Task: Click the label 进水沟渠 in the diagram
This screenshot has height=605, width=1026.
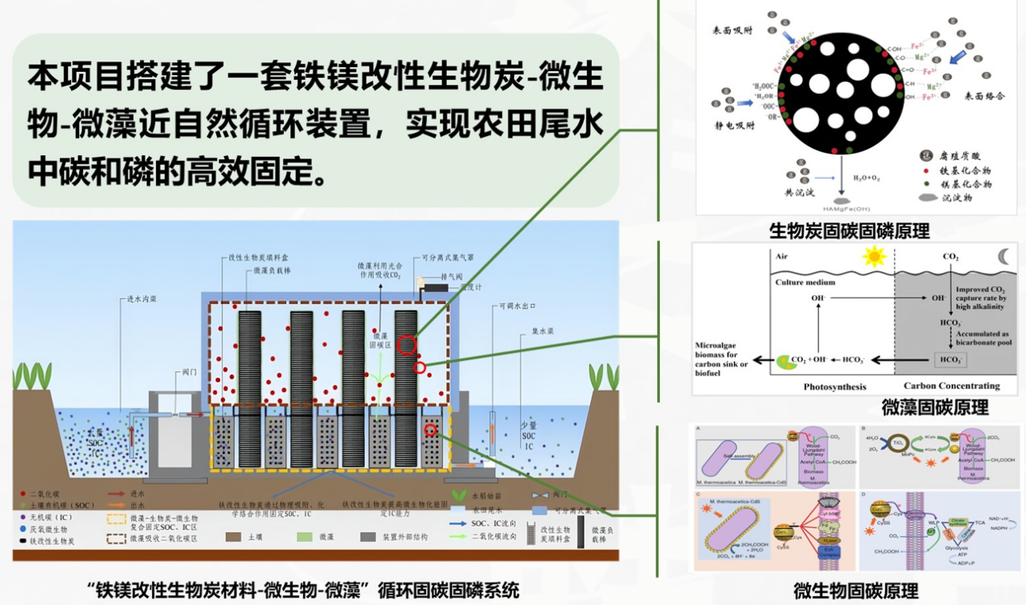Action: coord(141,298)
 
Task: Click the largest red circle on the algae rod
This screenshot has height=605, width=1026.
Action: coord(407,345)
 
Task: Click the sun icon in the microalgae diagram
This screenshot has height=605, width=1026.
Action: coord(874,257)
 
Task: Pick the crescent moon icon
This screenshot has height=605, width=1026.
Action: coord(1003,256)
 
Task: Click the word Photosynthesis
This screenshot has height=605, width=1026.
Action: coord(834,387)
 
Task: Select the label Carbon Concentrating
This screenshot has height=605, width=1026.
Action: coord(952,387)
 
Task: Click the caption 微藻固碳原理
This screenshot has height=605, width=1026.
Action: coord(935,408)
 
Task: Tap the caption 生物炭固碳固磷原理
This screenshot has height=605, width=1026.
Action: coord(849,231)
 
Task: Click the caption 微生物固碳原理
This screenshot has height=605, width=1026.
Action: coord(855,590)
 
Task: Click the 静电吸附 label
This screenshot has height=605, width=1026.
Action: coord(733,125)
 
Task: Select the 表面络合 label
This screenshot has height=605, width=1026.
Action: coord(984,95)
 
